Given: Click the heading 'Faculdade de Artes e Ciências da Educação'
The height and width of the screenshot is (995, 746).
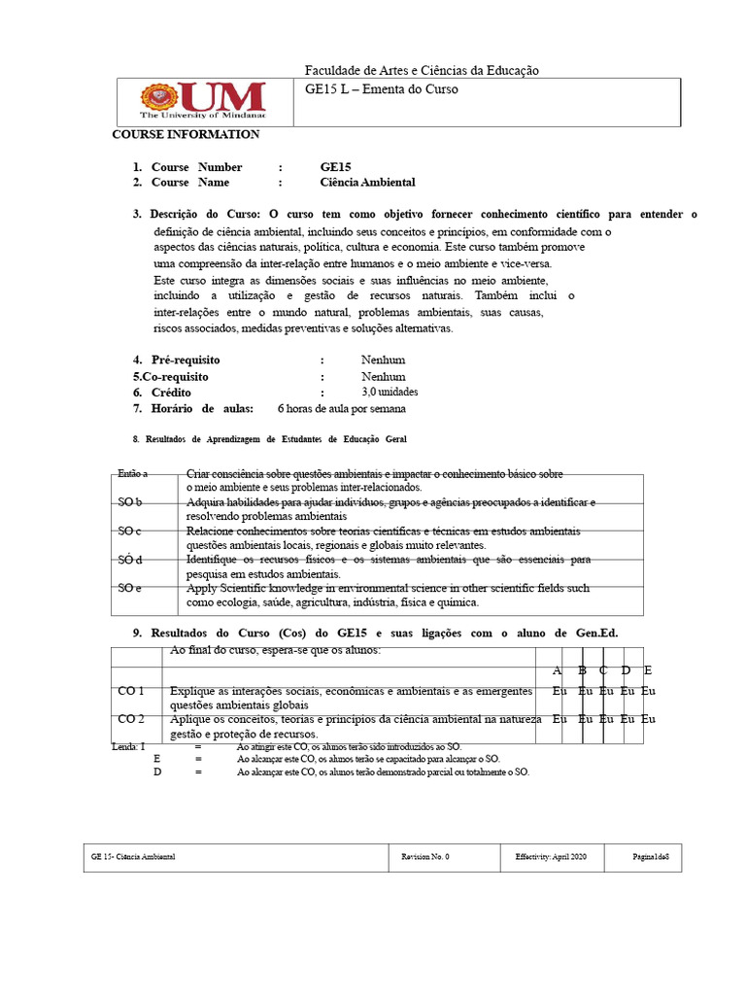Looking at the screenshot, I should pos(422,70).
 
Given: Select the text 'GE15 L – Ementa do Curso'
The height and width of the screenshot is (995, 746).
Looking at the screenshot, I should pos(381,89).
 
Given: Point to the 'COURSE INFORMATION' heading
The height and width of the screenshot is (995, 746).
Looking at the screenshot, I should pos(186,134).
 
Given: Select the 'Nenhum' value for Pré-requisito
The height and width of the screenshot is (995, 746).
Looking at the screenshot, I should pos(383,360).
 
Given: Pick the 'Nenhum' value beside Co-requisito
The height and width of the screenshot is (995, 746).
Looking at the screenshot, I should pos(383,376).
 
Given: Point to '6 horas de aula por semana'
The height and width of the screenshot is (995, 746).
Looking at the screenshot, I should pos(341,408).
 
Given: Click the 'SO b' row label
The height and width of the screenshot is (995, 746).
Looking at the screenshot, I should pos(130,502).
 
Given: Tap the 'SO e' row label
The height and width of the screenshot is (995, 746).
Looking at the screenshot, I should pos(130,588).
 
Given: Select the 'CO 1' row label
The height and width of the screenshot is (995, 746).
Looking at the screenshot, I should pos(131,691).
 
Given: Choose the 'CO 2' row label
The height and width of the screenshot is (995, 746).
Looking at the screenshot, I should pos(131,719).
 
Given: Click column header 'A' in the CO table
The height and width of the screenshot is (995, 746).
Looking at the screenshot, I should pos(558,670).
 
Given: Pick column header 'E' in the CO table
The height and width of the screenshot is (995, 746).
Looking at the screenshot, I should pos(648,670).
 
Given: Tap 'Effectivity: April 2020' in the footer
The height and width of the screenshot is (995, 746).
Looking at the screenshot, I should pos(551,857).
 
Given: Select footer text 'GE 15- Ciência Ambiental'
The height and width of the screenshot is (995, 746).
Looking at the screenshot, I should pos(133,857).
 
